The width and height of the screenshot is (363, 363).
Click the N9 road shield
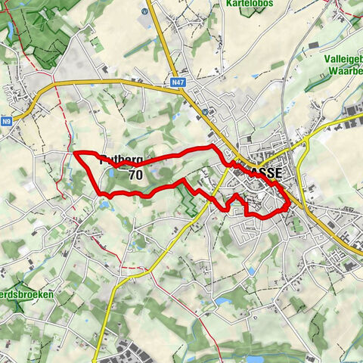[7, 119]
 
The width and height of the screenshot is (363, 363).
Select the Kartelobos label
[249, 4]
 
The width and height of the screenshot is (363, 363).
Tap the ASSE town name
[265, 172]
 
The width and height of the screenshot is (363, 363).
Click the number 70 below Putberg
[135, 174]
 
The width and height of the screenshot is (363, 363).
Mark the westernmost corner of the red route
[74, 154]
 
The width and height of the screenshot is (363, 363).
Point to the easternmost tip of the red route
[290, 203]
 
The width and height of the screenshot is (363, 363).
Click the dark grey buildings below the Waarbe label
[350, 119]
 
